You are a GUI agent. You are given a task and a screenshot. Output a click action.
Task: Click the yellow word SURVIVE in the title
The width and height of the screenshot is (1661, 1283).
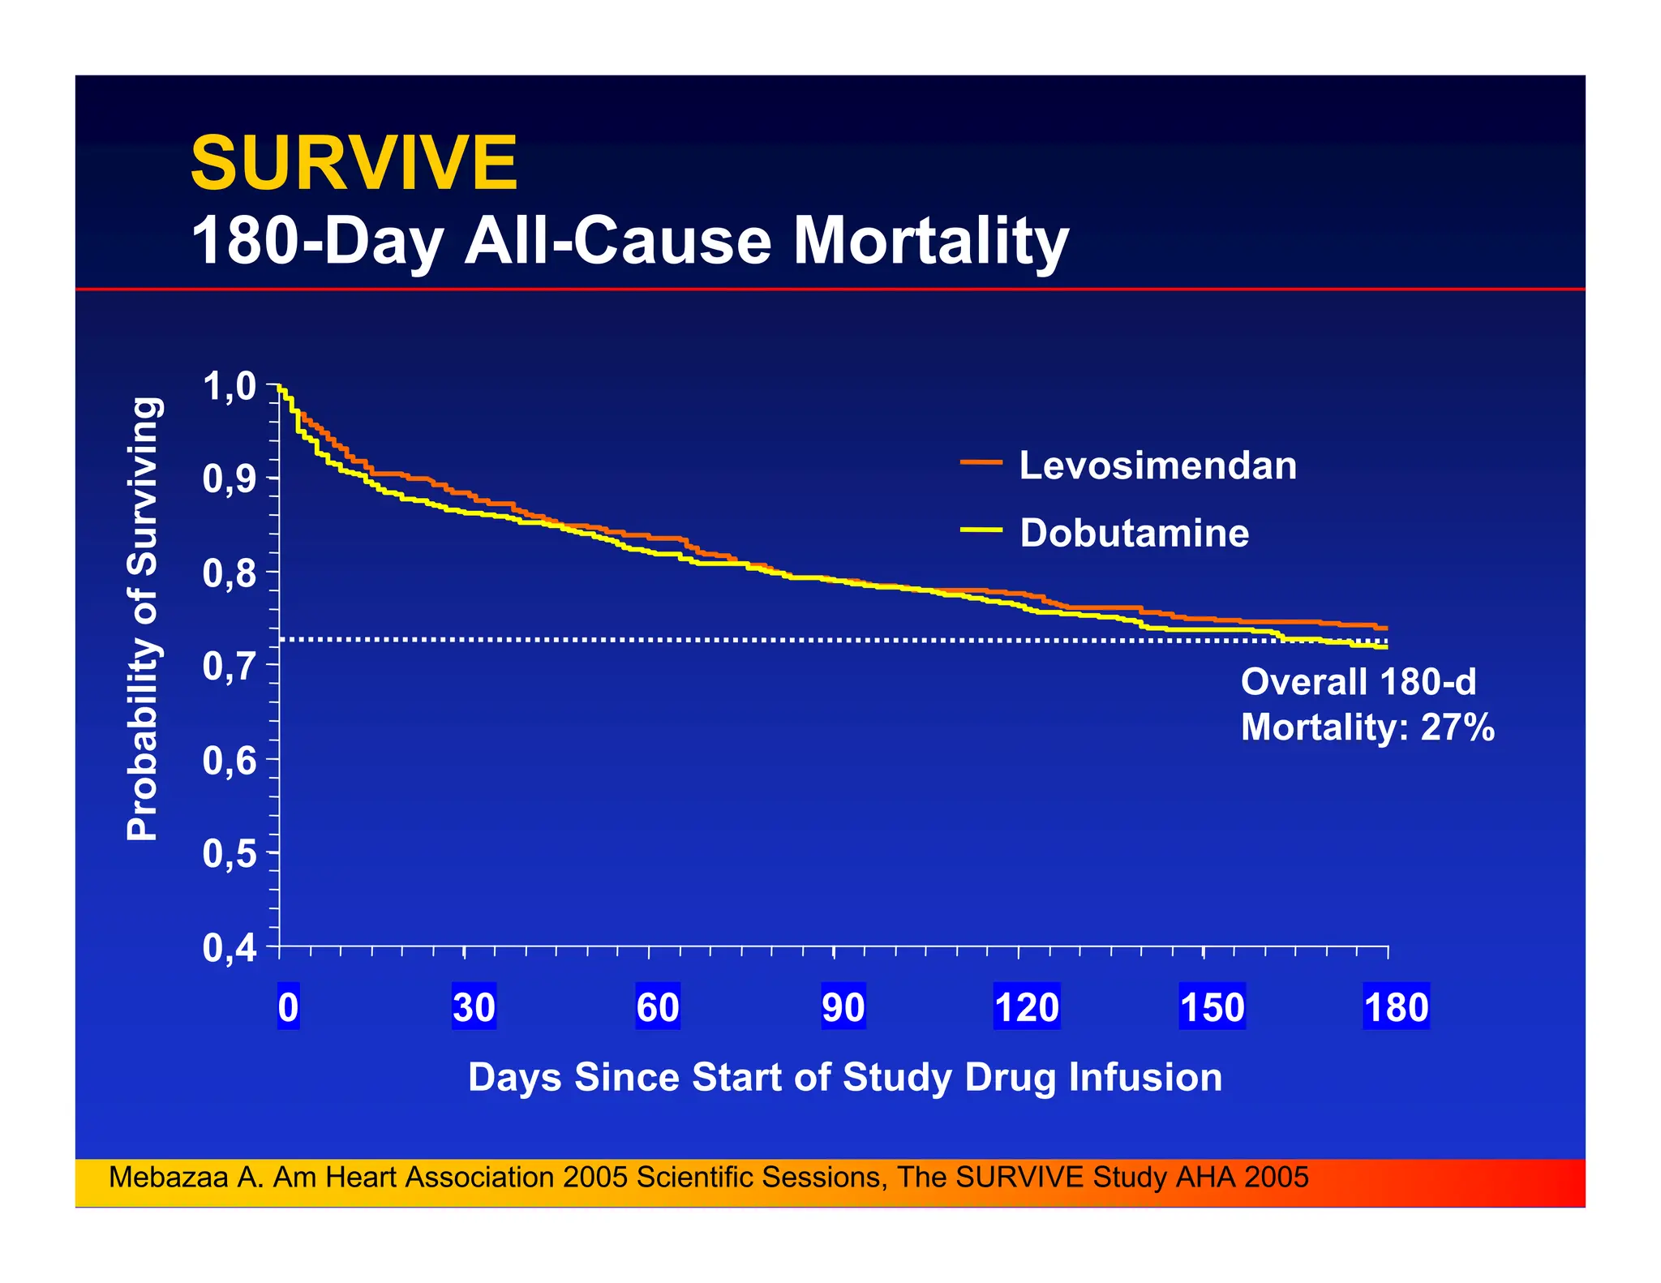tap(354, 163)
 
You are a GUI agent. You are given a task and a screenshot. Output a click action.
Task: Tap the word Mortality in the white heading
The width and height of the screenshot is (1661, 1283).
tap(930, 241)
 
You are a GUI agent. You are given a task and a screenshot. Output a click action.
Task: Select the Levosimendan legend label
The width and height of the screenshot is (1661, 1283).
tap(1157, 466)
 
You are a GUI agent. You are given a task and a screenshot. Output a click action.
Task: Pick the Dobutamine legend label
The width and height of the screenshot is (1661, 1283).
tap(1134, 533)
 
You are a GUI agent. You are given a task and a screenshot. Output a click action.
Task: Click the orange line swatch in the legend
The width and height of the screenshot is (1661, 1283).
tap(981, 462)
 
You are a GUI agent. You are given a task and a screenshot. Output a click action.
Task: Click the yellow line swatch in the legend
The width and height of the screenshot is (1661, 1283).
tap(981, 530)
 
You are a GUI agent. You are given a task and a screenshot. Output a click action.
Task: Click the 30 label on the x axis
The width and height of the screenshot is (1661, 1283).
tap(474, 1007)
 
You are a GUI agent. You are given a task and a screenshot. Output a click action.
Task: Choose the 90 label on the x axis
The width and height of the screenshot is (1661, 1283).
tap(843, 1007)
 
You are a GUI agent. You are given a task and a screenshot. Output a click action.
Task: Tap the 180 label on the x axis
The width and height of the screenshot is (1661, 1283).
tap(1396, 1007)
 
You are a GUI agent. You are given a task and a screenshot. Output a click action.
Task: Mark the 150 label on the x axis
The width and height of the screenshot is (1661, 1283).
tap(1212, 1007)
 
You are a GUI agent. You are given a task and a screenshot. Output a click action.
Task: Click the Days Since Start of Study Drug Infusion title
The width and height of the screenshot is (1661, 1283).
tap(844, 1078)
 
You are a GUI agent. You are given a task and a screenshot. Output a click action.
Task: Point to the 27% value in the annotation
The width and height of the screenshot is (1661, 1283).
tap(1457, 727)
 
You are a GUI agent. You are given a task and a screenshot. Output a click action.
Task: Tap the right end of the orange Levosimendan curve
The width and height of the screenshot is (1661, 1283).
tap(1385, 628)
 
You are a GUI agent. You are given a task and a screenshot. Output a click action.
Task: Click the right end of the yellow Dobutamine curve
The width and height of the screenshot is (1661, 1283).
tap(1385, 647)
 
